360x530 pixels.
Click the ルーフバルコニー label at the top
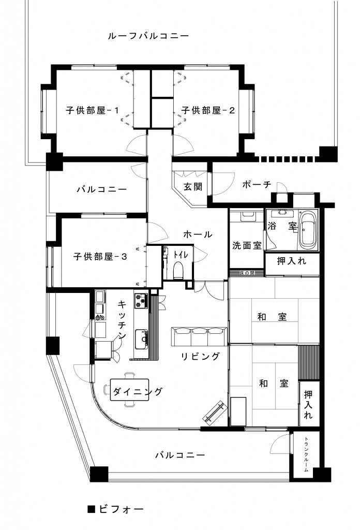(x=148, y=36)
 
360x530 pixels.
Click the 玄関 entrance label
(x=192, y=187)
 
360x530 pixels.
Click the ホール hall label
(x=198, y=234)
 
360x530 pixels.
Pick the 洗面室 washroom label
(x=246, y=245)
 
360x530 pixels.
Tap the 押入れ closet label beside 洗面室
(x=291, y=261)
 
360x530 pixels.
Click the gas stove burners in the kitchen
(x=141, y=301)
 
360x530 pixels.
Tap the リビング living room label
(x=200, y=356)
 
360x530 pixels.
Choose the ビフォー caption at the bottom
(x=116, y=509)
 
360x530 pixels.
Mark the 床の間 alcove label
(x=247, y=272)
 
